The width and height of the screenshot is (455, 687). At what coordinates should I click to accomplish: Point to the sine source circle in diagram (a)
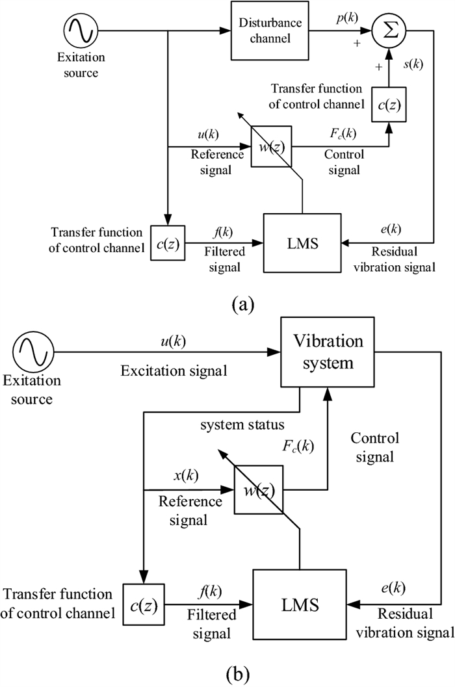81,30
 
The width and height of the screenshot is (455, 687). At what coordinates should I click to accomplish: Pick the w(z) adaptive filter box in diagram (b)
259,489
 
